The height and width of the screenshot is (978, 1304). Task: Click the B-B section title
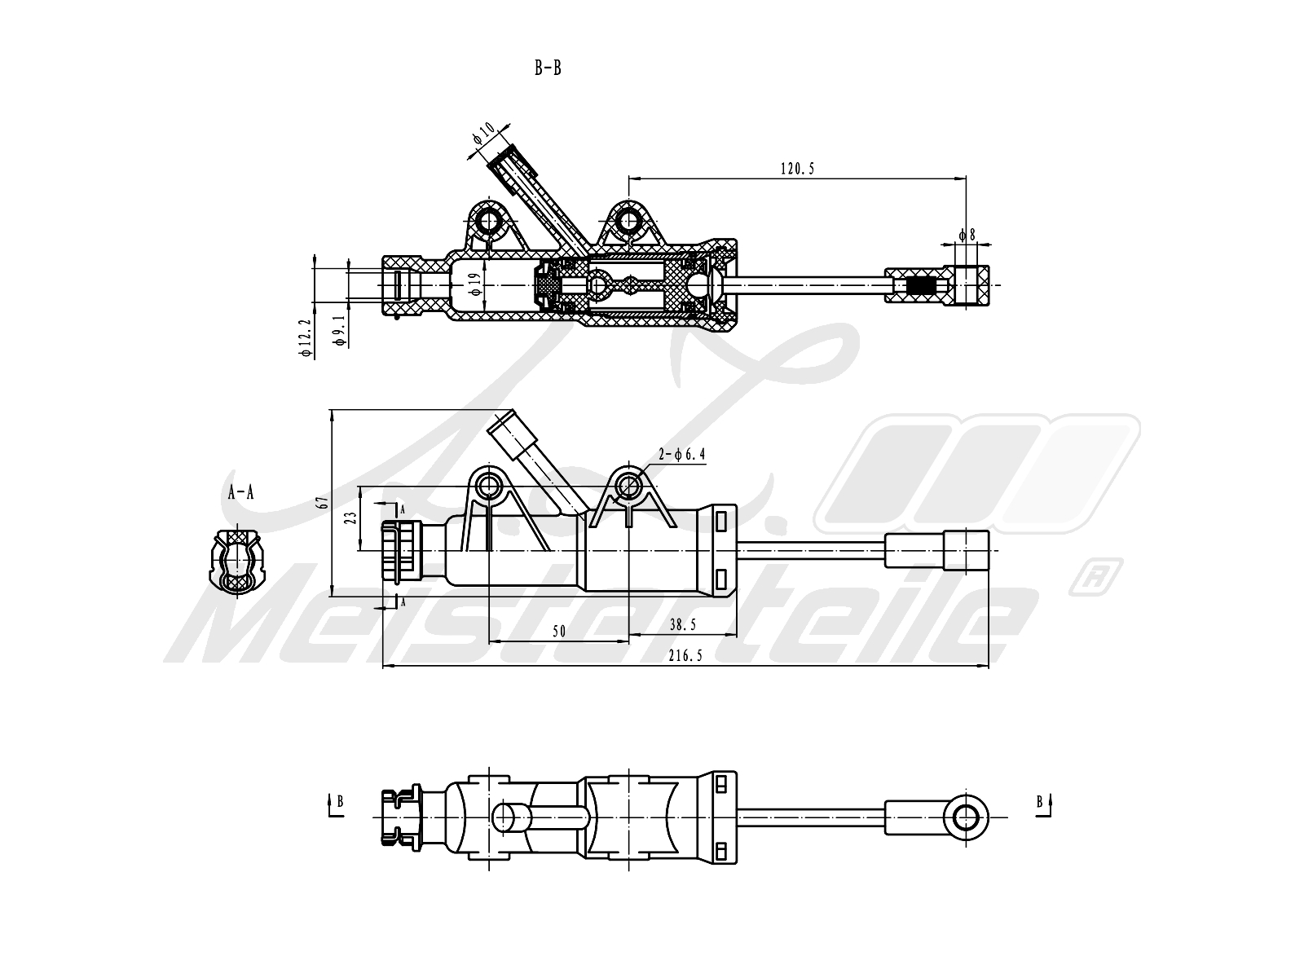click(x=547, y=68)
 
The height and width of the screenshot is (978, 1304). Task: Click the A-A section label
click(x=240, y=491)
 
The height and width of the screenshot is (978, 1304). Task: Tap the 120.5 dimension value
click(x=797, y=169)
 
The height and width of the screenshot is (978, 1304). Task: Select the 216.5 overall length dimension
click(x=685, y=655)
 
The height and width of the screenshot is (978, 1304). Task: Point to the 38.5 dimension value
click(x=683, y=624)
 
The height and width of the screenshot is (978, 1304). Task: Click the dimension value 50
click(x=559, y=631)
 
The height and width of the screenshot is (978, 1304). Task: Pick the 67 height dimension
click(x=323, y=502)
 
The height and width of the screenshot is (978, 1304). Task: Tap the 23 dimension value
click(x=351, y=518)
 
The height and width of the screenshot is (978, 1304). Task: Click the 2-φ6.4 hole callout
click(x=681, y=454)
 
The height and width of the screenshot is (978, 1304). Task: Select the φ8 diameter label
click(x=967, y=235)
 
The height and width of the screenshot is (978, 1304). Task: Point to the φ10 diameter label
click(x=483, y=134)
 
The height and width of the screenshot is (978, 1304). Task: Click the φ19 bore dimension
click(x=474, y=284)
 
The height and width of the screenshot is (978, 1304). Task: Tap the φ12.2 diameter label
click(x=306, y=337)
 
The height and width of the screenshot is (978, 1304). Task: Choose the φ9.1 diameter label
click(x=339, y=330)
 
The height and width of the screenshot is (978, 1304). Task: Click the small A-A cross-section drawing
click(x=237, y=561)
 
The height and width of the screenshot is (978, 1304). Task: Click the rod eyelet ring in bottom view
click(x=966, y=817)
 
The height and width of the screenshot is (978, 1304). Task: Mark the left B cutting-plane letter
click(x=341, y=802)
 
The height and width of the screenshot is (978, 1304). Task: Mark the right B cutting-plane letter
click(x=1040, y=802)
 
